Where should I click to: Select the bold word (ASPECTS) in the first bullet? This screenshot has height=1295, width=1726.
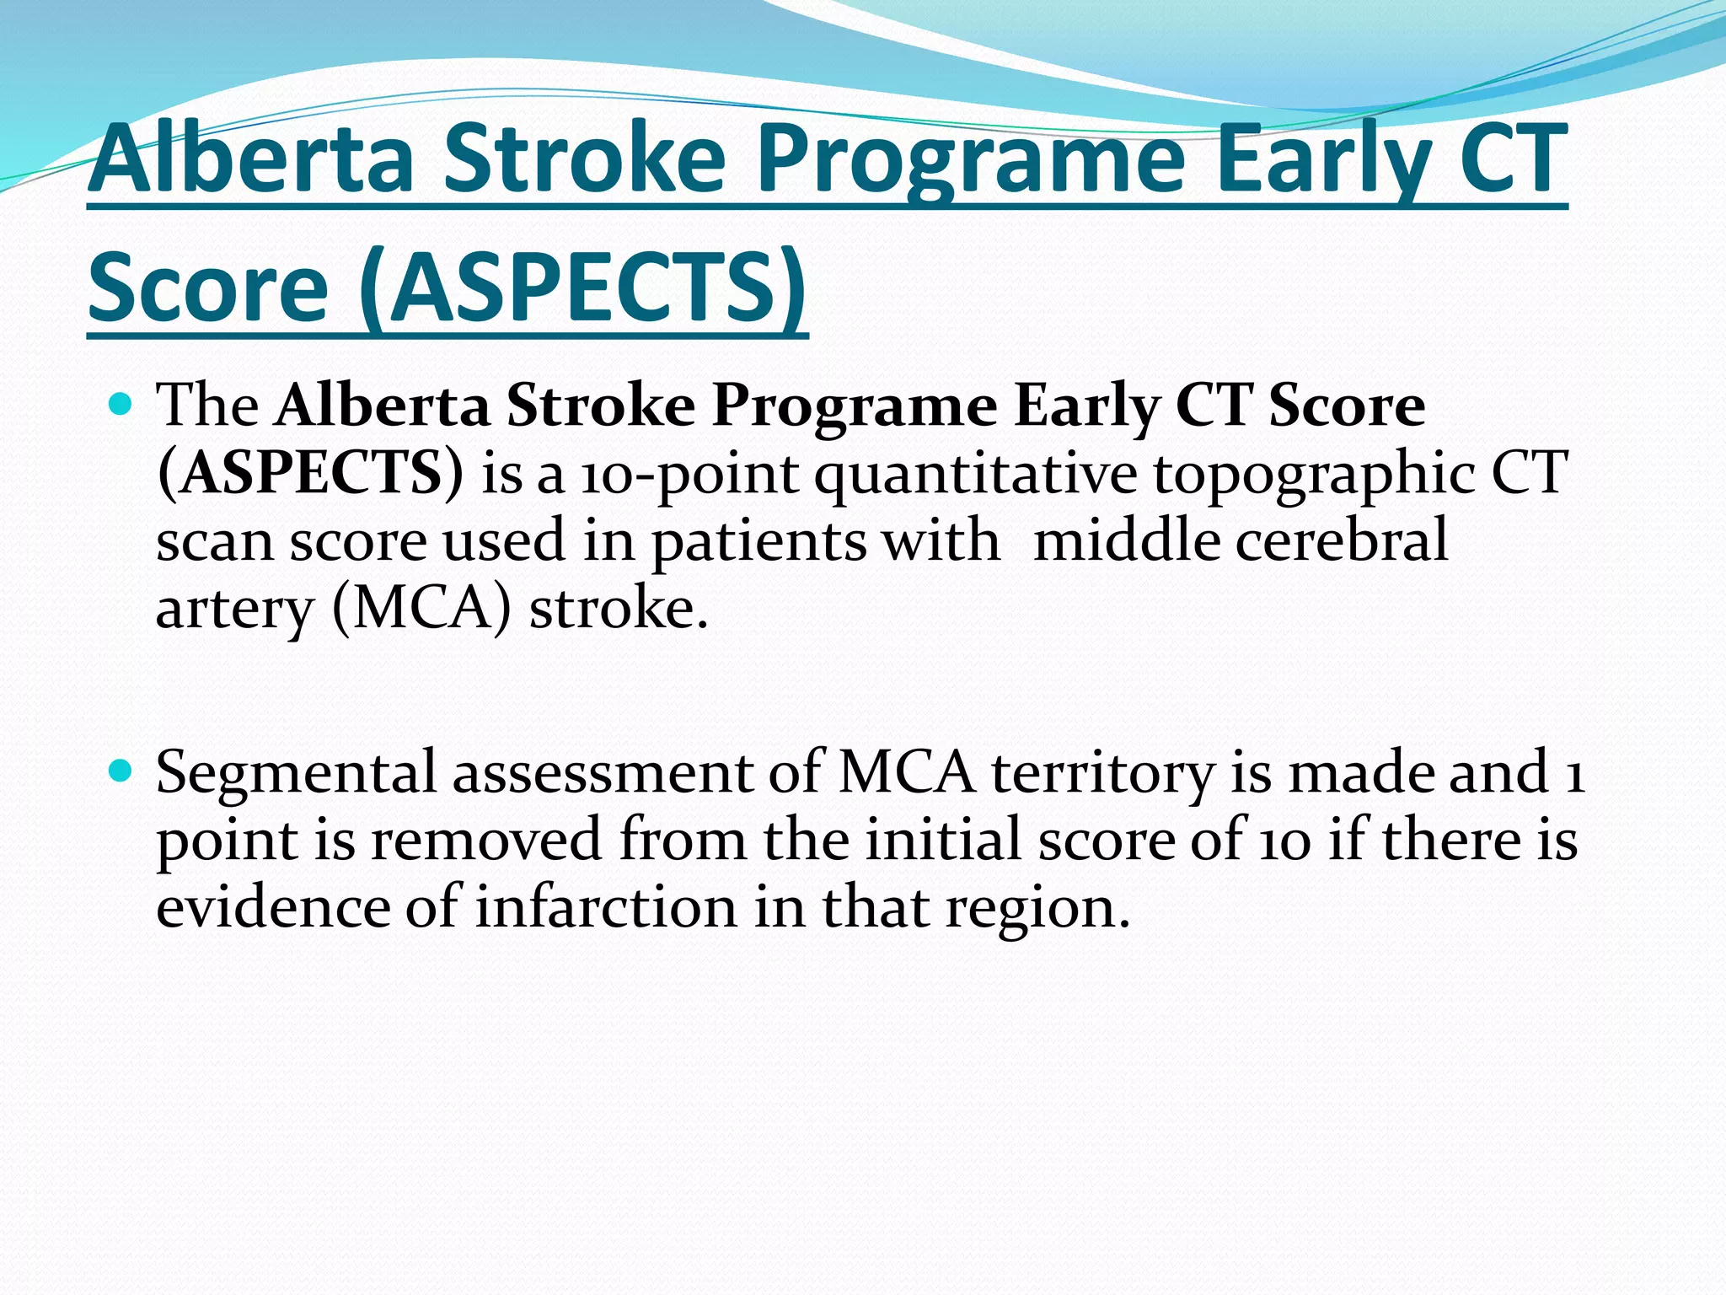point(310,473)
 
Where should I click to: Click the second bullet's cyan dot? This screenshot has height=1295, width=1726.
point(121,771)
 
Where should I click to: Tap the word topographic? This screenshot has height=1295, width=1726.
point(1315,475)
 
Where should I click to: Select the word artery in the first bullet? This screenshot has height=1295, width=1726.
point(234,609)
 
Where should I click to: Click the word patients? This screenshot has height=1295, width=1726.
point(758,541)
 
